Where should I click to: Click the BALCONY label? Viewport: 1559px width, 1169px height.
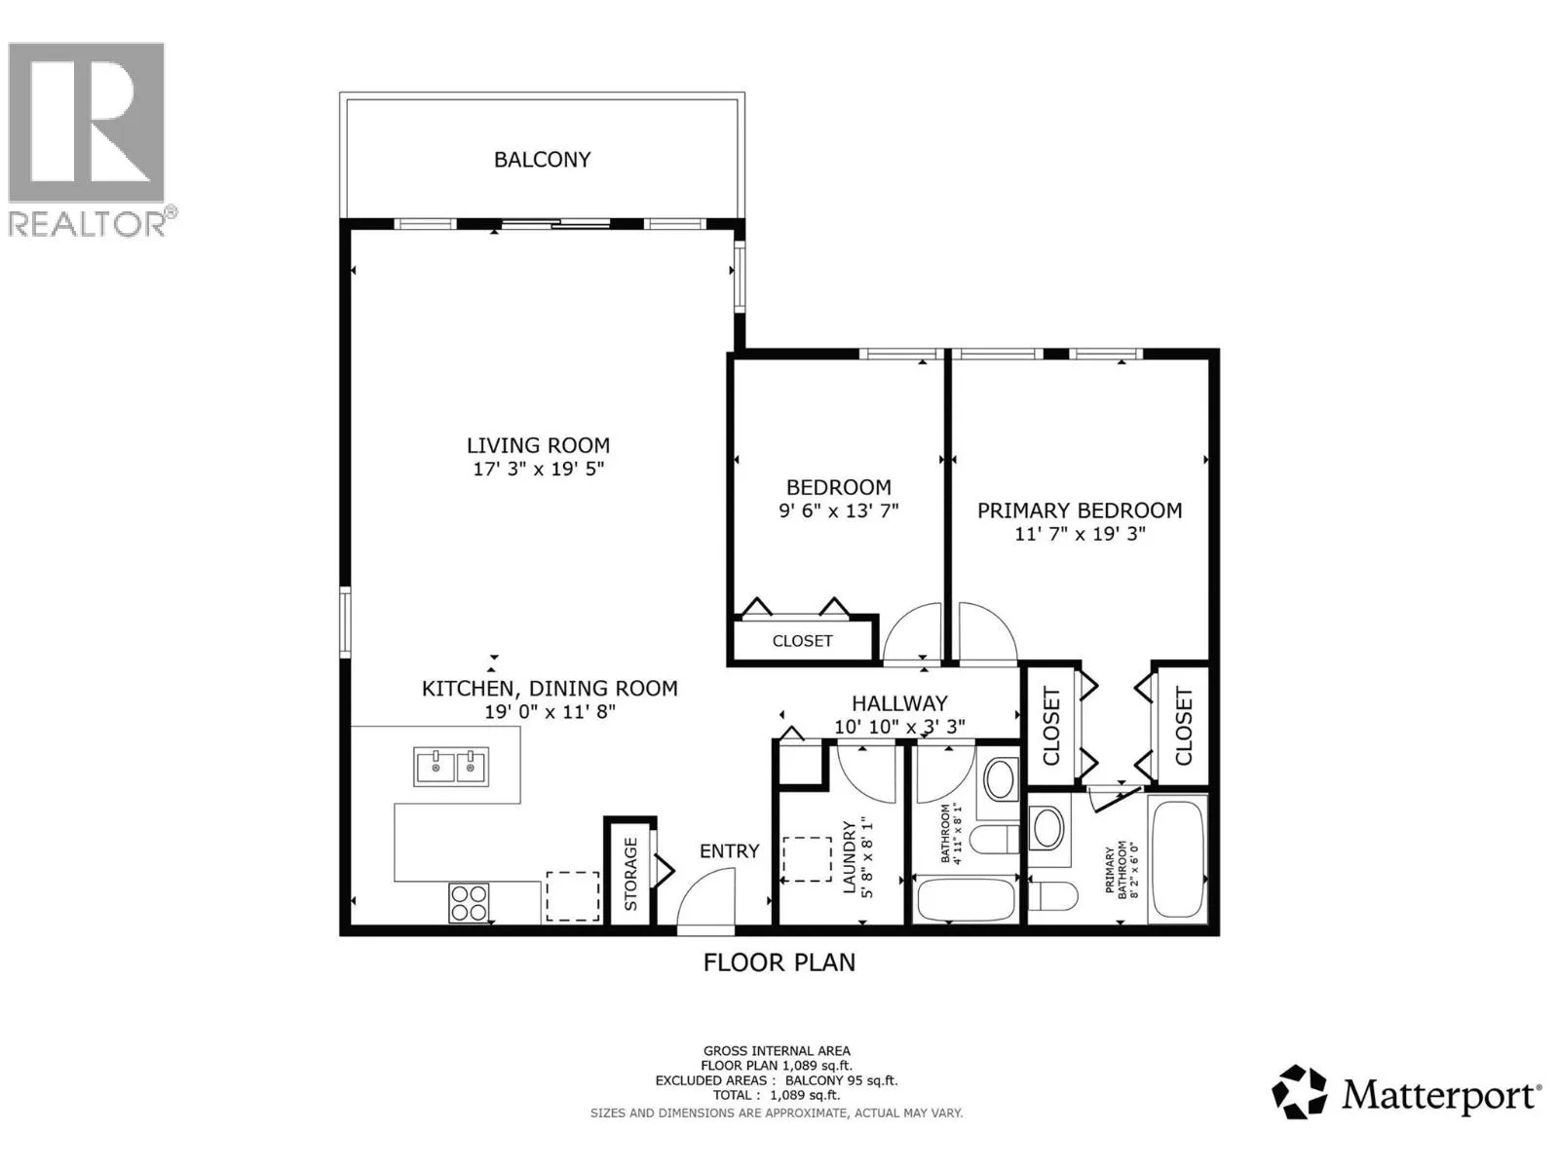click(542, 160)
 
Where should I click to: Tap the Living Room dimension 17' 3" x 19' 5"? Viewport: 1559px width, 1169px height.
click(539, 470)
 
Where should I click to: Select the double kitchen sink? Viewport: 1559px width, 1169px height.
click(451, 767)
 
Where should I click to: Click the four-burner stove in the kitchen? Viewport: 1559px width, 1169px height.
click(469, 902)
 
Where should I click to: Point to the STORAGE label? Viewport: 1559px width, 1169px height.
click(630, 874)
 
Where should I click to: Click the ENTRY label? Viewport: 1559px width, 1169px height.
click(730, 851)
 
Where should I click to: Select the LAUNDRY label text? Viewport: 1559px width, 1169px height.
click(850, 856)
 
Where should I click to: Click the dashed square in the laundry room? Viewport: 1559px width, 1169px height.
click(807, 859)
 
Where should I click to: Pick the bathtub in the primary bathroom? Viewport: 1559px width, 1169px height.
click(1177, 859)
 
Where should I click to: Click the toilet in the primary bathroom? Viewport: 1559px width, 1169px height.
click(1053, 895)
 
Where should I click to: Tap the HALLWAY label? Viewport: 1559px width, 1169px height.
click(899, 703)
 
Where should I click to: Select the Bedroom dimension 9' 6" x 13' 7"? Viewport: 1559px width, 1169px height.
click(839, 511)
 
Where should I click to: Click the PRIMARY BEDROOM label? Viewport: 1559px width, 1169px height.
click(1080, 510)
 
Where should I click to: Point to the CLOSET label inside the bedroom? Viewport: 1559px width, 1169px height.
click(802, 641)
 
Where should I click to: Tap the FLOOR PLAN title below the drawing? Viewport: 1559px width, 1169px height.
click(779, 962)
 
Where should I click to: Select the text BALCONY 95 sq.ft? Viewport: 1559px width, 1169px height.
click(841, 1080)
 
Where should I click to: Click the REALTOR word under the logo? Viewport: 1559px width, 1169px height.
click(87, 224)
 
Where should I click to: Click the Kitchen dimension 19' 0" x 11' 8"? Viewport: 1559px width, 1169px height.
click(550, 712)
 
